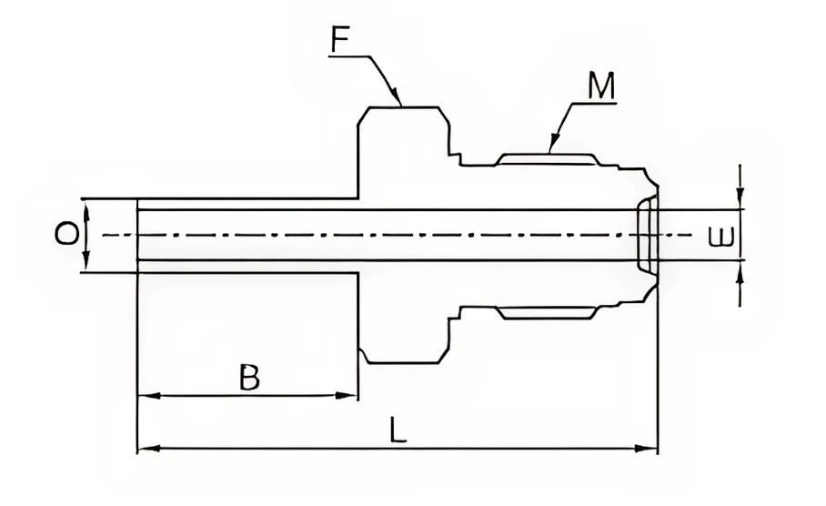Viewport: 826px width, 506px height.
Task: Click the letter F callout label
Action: [x=340, y=40]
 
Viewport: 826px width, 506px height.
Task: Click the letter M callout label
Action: [x=601, y=86]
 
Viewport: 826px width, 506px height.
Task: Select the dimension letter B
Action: [x=248, y=377]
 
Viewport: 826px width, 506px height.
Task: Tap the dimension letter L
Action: [x=398, y=430]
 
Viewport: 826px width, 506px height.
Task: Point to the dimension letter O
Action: [x=65, y=236]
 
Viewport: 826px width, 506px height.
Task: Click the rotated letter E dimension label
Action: [x=720, y=238]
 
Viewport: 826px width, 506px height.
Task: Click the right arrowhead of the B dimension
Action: [x=356, y=396]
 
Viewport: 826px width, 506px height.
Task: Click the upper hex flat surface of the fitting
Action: [x=404, y=108]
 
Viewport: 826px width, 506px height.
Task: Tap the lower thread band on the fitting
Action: [x=547, y=314]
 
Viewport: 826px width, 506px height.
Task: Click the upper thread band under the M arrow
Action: [x=547, y=159]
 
